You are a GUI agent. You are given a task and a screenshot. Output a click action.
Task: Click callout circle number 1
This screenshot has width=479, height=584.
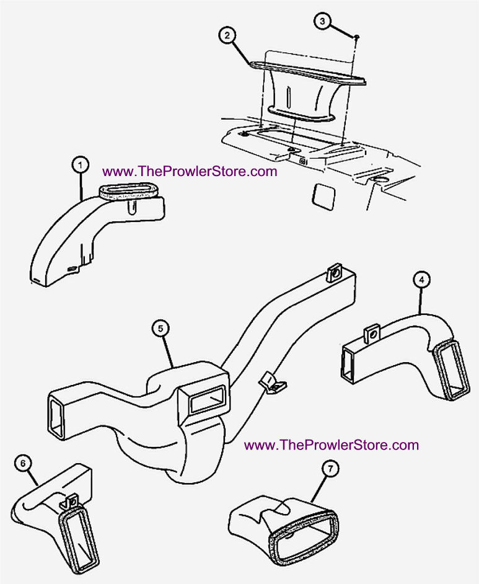[81, 165]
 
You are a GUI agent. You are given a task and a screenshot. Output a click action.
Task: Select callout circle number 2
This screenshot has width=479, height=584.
[227, 35]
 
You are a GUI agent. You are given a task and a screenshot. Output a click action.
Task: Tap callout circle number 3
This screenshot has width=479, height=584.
[322, 21]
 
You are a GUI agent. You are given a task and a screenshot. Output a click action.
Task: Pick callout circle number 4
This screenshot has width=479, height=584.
[421, 280]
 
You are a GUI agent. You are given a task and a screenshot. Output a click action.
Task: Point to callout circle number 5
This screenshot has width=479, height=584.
[160, 329]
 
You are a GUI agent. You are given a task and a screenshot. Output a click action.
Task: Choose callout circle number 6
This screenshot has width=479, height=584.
[23, 463]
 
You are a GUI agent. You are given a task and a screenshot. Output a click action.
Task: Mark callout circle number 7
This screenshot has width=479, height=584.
[330, 469]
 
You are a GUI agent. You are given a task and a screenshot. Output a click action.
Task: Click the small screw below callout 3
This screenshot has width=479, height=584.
[356, 37]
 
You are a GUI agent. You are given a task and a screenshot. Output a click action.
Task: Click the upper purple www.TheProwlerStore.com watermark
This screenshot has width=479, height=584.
[190, 171]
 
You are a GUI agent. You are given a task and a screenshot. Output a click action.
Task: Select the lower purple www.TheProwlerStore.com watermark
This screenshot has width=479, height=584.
[332, 445]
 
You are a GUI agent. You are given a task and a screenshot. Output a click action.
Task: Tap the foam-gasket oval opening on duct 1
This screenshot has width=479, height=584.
[129, 191]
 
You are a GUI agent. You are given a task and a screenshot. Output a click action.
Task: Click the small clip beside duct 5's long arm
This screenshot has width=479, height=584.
[273, 383]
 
